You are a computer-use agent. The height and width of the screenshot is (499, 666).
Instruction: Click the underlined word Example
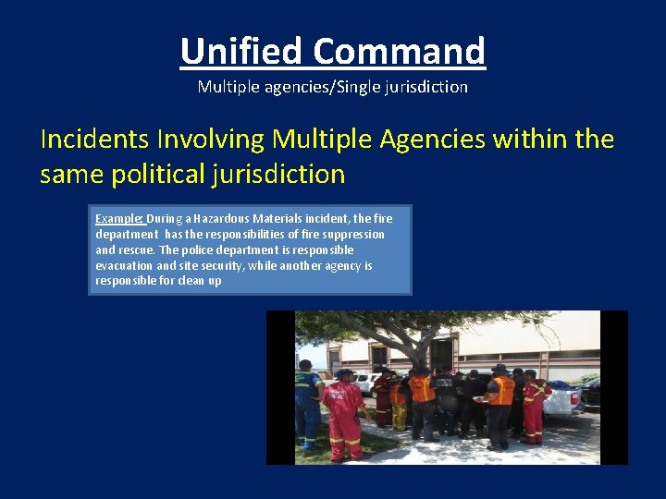tap(118, 219)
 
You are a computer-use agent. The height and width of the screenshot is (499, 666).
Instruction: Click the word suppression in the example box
tap(355, 235)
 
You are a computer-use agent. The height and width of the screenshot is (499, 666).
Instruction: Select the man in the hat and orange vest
tap(500, 403)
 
